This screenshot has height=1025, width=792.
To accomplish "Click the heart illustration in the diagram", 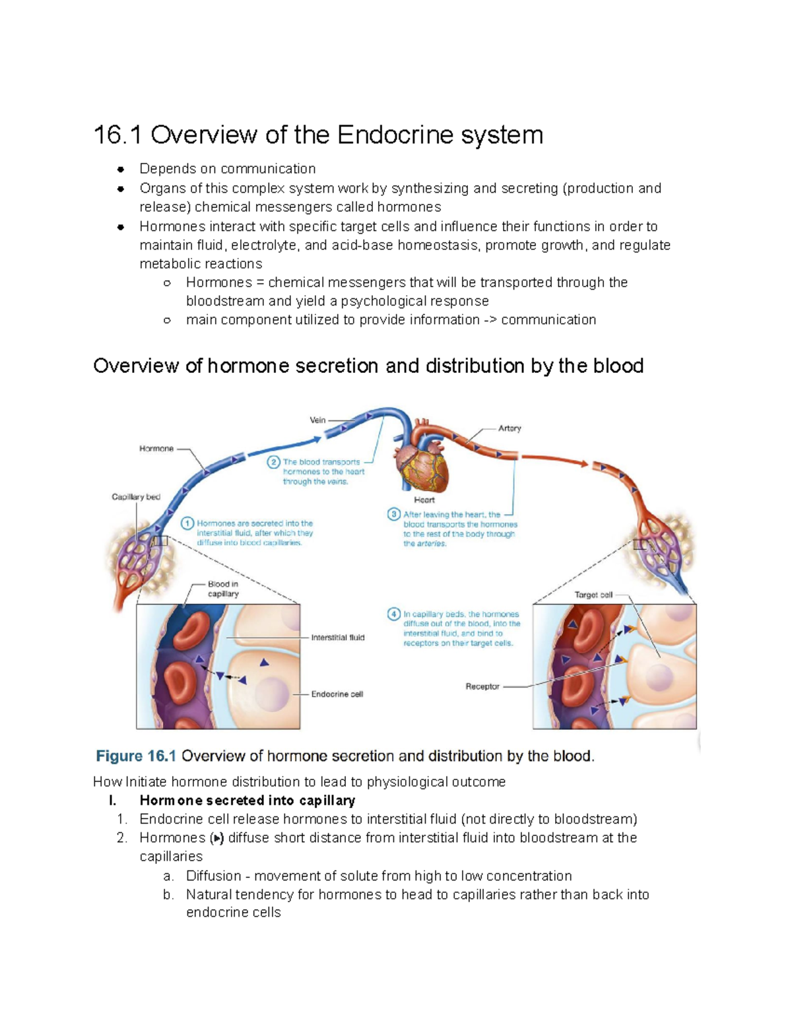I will tap(422, 462).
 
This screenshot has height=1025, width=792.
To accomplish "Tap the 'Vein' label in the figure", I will tap(317, 420).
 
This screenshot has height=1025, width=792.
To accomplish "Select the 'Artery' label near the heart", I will tap(510, 428).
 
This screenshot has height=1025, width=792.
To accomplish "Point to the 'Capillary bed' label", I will tap(136, 497).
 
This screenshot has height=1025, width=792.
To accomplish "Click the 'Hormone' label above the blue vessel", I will tap(156, 449).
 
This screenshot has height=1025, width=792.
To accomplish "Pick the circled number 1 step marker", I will tap(187, 523).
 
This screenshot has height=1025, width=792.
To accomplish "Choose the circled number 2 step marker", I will tap(273, 462).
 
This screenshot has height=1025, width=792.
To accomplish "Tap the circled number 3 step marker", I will tap(394, 514).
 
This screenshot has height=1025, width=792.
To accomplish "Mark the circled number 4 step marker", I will tap(394, 614).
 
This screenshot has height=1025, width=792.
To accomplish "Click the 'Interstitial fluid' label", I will tap(338, 638).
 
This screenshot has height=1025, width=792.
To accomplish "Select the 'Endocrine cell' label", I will tap(337, 694).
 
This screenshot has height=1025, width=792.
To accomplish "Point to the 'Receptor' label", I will tap(482, 686).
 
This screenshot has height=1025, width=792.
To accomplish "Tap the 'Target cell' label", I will tap(593, 595).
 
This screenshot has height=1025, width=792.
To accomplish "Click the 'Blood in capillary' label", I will tap(223, 589).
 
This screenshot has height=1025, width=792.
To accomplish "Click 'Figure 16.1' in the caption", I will tap(136, 756).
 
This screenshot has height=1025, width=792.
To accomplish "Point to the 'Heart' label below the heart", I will tap(424, 500).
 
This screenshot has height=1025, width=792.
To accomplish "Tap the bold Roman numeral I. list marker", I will tap(113, 801).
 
